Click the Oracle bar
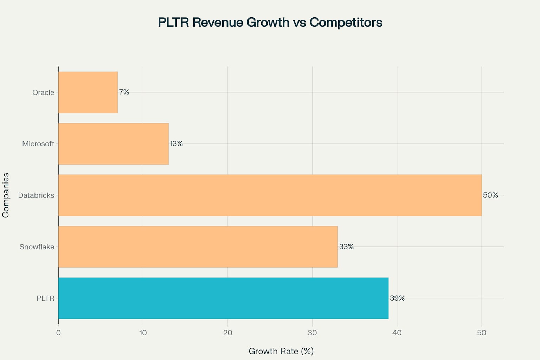(x=88, y=92)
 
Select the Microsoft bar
(x=113, y=144)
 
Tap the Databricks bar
(x=270, y=195)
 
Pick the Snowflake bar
(x=198, y=247)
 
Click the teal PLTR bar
(x=223, y=298)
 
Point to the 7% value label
(x=124, y=92)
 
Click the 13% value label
(x=176, y=143)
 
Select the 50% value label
(x=490, y=195)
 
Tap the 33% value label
(x=346, y=246)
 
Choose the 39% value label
(x=397, y=298)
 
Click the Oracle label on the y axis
(x=43, y=92)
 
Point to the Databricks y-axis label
(x=36, y=195)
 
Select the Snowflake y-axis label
(x=37, y=247)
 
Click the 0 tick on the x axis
(x=58, y=333)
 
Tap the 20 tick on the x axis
(x=228, y=333)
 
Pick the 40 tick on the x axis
(x=397, y=333)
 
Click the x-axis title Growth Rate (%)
(x=281, y=351)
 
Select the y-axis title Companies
(x=6, y=195)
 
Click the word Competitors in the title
(x=346, y=22)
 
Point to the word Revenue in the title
(x=218, y=22)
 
